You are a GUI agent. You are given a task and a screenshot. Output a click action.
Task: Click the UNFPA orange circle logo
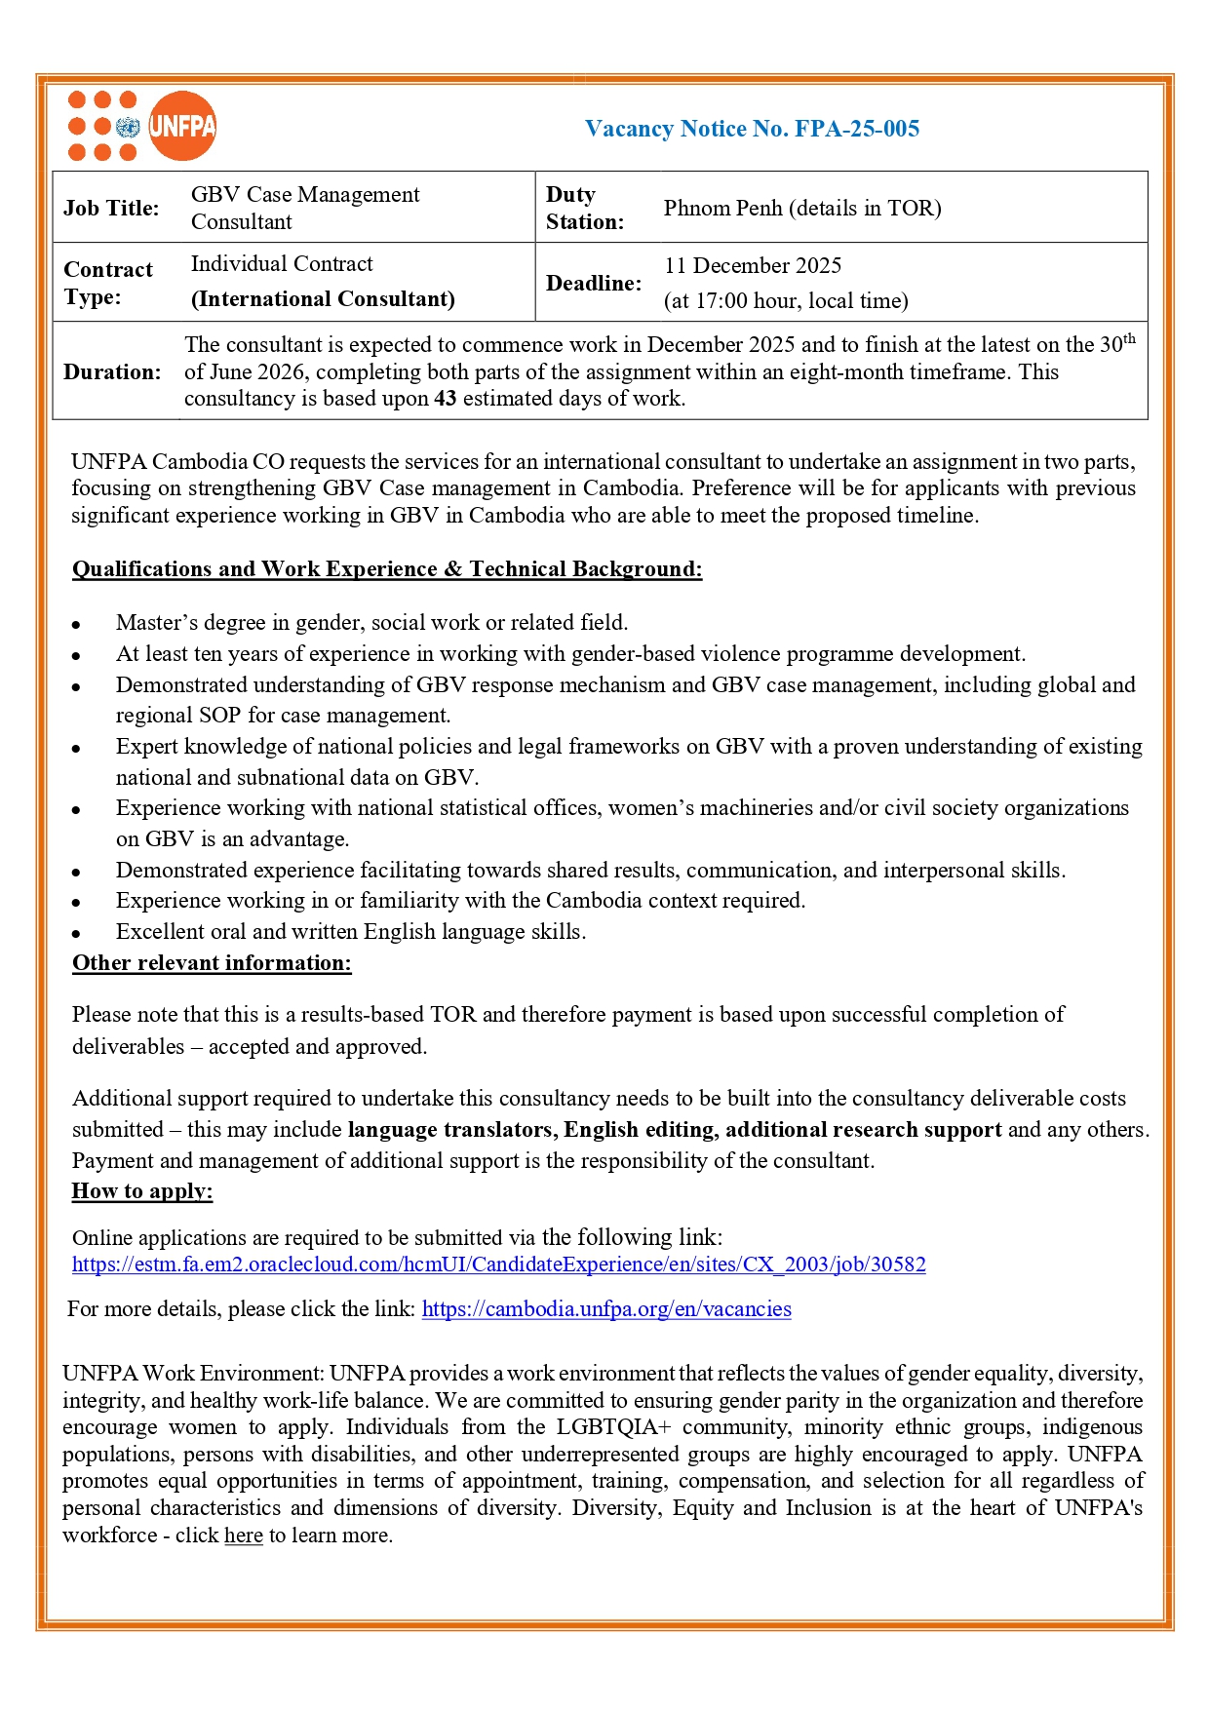point(182,126)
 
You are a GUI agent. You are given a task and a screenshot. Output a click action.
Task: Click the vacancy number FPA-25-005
point(857,129)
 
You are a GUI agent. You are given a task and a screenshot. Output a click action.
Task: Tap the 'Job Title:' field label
point(111,208)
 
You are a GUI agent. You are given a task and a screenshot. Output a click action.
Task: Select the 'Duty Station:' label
point(584,208)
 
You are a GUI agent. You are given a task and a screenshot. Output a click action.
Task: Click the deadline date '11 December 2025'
point(753,265)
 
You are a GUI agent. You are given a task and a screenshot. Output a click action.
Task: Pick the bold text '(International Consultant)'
point(323,298)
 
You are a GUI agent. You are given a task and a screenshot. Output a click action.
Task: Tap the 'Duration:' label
point(112,371)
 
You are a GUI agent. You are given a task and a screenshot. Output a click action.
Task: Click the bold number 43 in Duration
point(445,398)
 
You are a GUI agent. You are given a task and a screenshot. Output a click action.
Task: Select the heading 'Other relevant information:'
point(212,963)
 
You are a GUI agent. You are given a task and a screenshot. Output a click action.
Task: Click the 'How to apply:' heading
point(142,1190)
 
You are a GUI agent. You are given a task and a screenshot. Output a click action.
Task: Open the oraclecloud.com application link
point(498,1264)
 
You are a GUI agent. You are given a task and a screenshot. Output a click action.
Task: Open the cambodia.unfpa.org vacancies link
point(606,1308)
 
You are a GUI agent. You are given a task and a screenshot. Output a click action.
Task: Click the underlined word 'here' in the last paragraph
point(244,1535)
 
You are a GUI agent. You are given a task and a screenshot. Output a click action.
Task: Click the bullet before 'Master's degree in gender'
point(76,625)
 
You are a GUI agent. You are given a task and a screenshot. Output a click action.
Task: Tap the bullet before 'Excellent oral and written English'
point(76,934)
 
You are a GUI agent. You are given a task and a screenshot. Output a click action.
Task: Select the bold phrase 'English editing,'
point(641,1129)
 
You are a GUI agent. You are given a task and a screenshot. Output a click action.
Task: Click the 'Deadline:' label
point(594,283)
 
